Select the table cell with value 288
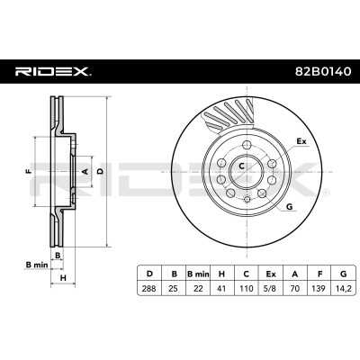[x=149, y=289]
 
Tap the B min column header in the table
[x=198, y=274]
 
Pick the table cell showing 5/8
[x=271, y=289]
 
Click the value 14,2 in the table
[x=344, y=289]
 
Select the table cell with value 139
[x=319, y=289]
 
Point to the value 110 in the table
[x=247, y=289]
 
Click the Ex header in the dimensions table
[x=271, y=274]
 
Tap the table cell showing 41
[x=222, y=289]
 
